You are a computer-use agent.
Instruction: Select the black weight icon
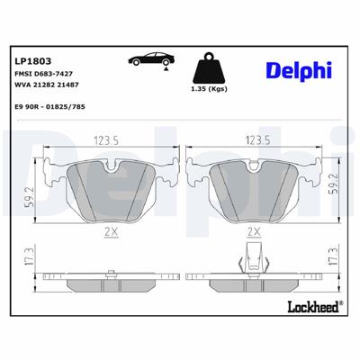(x=211, y=69)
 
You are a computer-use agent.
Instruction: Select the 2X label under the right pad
(x=254, y=231)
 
